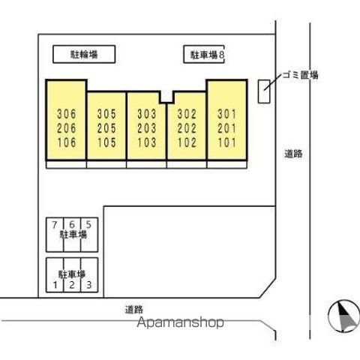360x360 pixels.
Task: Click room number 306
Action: [67, 114]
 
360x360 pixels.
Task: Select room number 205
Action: [106, 128]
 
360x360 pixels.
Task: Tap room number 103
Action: [147, 142]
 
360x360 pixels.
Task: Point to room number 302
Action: [187, 114]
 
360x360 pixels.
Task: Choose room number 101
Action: [227, 142]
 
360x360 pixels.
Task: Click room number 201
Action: [227, 128]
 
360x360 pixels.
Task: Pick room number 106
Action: [67, 142]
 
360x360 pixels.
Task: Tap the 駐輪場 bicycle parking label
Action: [84, 55]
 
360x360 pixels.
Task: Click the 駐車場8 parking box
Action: [204, 54]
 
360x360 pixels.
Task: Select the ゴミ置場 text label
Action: [301, 75]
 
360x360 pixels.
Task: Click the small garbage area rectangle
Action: [264, 91]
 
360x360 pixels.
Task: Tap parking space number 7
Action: [55, 225]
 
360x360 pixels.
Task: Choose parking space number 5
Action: [88, 224]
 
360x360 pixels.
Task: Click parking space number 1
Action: [55, 285]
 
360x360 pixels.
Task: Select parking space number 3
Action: [89, 285]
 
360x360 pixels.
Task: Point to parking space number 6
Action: [72, 224]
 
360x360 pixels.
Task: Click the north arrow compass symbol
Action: [344, 316]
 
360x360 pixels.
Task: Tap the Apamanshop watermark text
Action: [180, 322]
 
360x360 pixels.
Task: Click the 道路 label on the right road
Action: [293, 154]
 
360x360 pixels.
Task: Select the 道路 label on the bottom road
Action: [134, 310]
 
